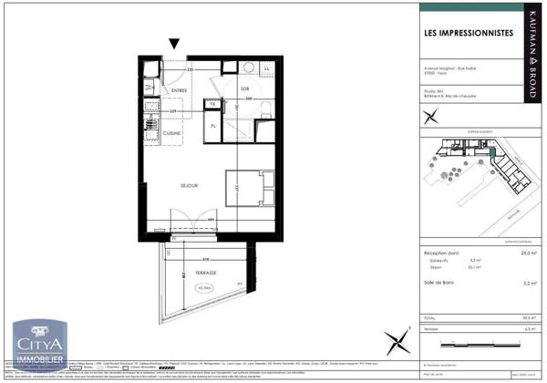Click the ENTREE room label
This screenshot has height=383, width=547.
pyautogui.click(x=180, y=89)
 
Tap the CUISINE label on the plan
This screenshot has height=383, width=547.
pyautogui.click(x=172, y=134)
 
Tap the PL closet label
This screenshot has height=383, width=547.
pyautogui.click(x=212, y=125)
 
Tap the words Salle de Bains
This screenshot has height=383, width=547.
pyautogui.click(x=441, y=283)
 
